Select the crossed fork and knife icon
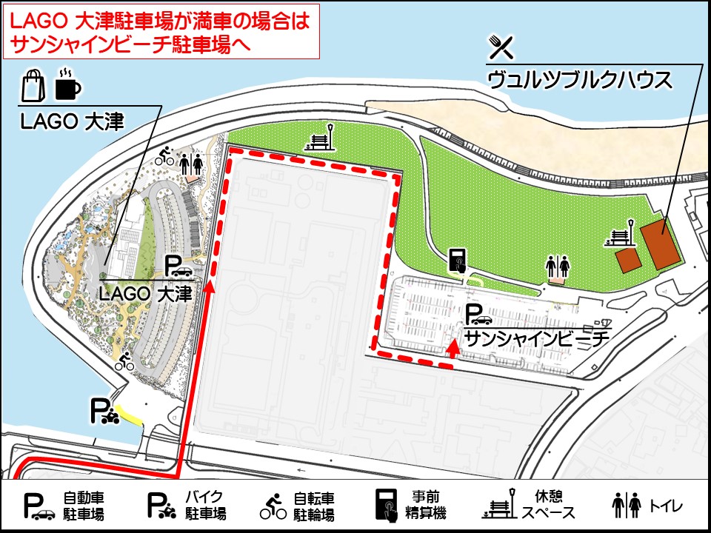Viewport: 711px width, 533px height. [x=501, y=47]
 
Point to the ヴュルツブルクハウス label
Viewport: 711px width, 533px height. [x=580, y=78]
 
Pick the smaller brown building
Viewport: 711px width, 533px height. [x=628, y=261]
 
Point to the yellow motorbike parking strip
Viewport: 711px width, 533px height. [x=132, y=417]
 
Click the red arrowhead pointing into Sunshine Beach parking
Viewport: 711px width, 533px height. [x=452, y=350]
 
